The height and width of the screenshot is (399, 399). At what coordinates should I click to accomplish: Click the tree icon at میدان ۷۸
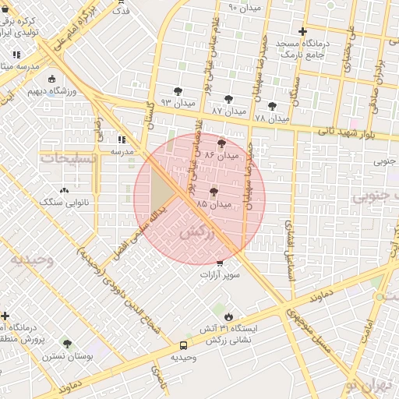272,106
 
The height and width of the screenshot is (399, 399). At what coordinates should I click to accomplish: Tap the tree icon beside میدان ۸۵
214,192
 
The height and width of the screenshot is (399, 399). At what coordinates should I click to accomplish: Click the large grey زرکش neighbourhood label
196,231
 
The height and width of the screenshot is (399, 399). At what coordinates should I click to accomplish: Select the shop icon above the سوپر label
219,263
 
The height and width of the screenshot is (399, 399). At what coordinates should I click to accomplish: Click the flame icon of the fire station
228,316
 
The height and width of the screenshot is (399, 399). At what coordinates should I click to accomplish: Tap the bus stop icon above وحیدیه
184,345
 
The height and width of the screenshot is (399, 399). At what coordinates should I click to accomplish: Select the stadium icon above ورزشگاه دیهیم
51,79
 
